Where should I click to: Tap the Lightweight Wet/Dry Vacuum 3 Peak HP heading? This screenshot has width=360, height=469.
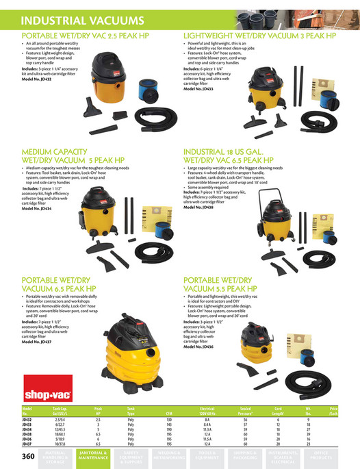click(259, 34)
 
